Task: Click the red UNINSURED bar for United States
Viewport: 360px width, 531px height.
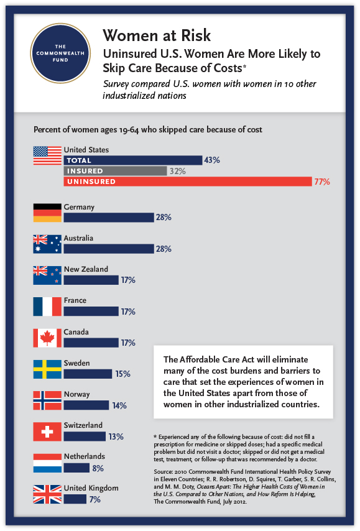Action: (187, 182)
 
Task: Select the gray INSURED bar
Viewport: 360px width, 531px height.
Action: (115, 171)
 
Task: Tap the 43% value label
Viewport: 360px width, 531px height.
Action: (212, 160)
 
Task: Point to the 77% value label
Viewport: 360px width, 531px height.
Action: (321, 182)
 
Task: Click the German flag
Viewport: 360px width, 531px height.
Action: (47, 212)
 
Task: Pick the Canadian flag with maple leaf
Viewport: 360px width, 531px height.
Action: (47, 338)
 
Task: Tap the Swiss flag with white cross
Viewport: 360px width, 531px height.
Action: (47, 432)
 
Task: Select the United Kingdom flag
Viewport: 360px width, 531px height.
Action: (47, 494)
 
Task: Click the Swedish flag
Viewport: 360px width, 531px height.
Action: (47, 369)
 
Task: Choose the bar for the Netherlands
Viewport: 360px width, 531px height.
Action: (76, 468)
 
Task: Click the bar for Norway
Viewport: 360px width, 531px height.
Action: (86, 405)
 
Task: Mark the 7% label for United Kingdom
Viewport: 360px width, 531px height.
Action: (95, 499)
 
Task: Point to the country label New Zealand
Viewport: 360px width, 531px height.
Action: (86, 269)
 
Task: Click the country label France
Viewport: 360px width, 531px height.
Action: (75, 300)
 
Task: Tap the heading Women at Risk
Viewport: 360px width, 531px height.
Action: (157, 35)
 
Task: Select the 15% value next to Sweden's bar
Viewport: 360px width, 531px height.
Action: (122, 374)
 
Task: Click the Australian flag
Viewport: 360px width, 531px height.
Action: (47, 244)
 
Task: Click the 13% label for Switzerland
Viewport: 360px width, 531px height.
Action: (116, 436)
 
